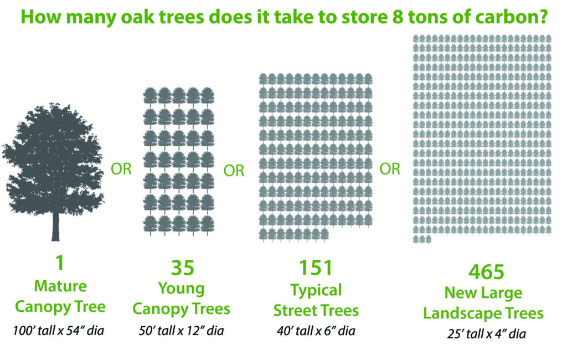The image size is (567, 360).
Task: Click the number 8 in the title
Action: tap(398, 17)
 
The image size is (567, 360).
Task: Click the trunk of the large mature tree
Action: tap(55, 226)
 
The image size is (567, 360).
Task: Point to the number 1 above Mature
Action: tap(60, 263)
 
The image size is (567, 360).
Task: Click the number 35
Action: tap(183, 268)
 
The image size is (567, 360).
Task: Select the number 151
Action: tap(316, 268)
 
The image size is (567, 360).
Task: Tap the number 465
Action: tap(486, 272)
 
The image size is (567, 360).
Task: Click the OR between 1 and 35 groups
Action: tap(121, 169)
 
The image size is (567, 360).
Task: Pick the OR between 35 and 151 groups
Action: tap(234, 171)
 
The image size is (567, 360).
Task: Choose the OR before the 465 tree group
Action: tap(390, 169)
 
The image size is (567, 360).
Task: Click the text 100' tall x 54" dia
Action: tap(58, 331)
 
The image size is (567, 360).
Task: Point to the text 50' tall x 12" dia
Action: tap(181, 331)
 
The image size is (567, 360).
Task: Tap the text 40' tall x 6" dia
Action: tap(316, 331)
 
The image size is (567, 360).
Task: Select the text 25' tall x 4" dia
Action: tap(486, 333)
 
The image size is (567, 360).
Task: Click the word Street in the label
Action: tap(293, 311)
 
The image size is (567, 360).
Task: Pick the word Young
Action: tap(182, 289)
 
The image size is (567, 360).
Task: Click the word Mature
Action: tap(60, 286)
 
